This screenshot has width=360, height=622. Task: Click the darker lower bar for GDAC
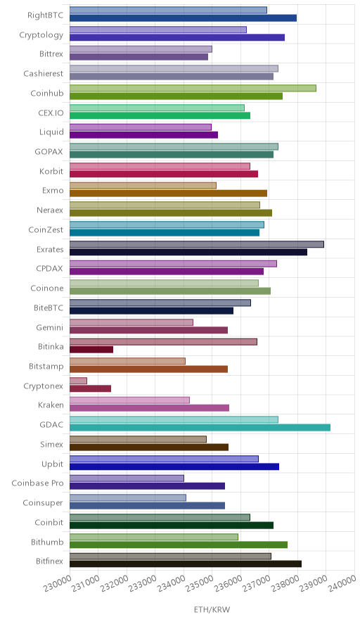click(200, 427)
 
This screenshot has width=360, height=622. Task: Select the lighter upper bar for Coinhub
click(193, 88)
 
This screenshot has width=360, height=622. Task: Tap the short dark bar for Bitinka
click(91, 350)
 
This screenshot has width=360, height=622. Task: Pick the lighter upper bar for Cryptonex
click(78, 381)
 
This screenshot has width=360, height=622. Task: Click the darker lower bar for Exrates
click(188, 252)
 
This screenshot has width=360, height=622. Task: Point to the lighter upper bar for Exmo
click(143, 186)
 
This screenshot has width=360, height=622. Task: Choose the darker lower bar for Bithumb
click(179, 545)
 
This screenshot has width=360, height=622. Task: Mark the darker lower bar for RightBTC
click(184, 18)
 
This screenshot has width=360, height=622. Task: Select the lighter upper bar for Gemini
click(131, 322)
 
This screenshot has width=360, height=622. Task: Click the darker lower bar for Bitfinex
click(186, 564)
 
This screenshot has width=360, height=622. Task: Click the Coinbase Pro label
click(37, 483)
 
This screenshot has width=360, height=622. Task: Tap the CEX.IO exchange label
click(51, 113)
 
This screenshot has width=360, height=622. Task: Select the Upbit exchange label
click(52, 464)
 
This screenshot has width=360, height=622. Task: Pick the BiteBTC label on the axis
click(49, 307)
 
